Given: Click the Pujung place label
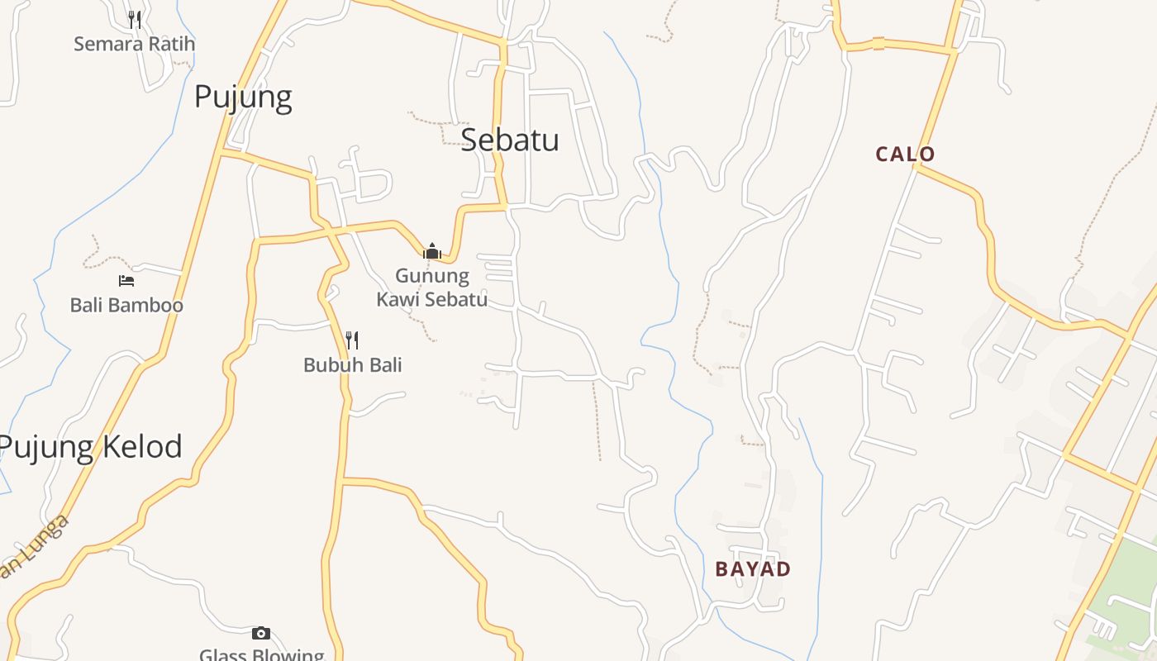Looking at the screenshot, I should [243, 97].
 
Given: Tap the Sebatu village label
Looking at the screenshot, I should [509, 140].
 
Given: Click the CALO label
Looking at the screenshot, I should [905, 154].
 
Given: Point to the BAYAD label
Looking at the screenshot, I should [753, 568].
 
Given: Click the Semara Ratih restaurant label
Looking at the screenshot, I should [134, 44].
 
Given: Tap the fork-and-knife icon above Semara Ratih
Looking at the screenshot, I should [134, 19].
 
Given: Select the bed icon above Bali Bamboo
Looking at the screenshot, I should [126, 281].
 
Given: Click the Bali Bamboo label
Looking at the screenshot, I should [126, 305].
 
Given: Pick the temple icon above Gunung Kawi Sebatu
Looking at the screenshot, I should [431, 251].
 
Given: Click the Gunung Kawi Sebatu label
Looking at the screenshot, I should [431, 287].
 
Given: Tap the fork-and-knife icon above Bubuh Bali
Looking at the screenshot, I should [352, 340].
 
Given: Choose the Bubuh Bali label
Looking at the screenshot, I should [352, 364].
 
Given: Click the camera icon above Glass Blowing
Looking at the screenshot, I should [261, 633].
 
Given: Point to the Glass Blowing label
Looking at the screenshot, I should [262, 654].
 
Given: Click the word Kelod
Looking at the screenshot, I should [141, 447].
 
